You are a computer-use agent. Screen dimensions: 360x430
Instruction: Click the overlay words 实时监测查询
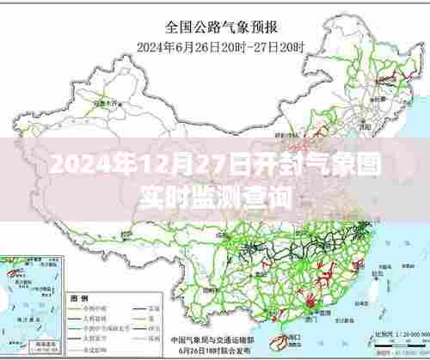pos(215,197)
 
